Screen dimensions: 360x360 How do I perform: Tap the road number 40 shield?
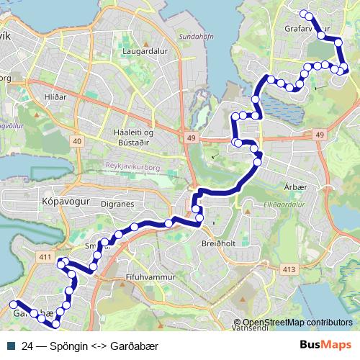tap(76, 141)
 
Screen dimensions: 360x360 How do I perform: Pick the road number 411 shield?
tap(43, 258)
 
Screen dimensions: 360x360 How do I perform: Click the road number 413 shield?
tap(289, 269)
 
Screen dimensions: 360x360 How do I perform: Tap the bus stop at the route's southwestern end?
tap(14, 305)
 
